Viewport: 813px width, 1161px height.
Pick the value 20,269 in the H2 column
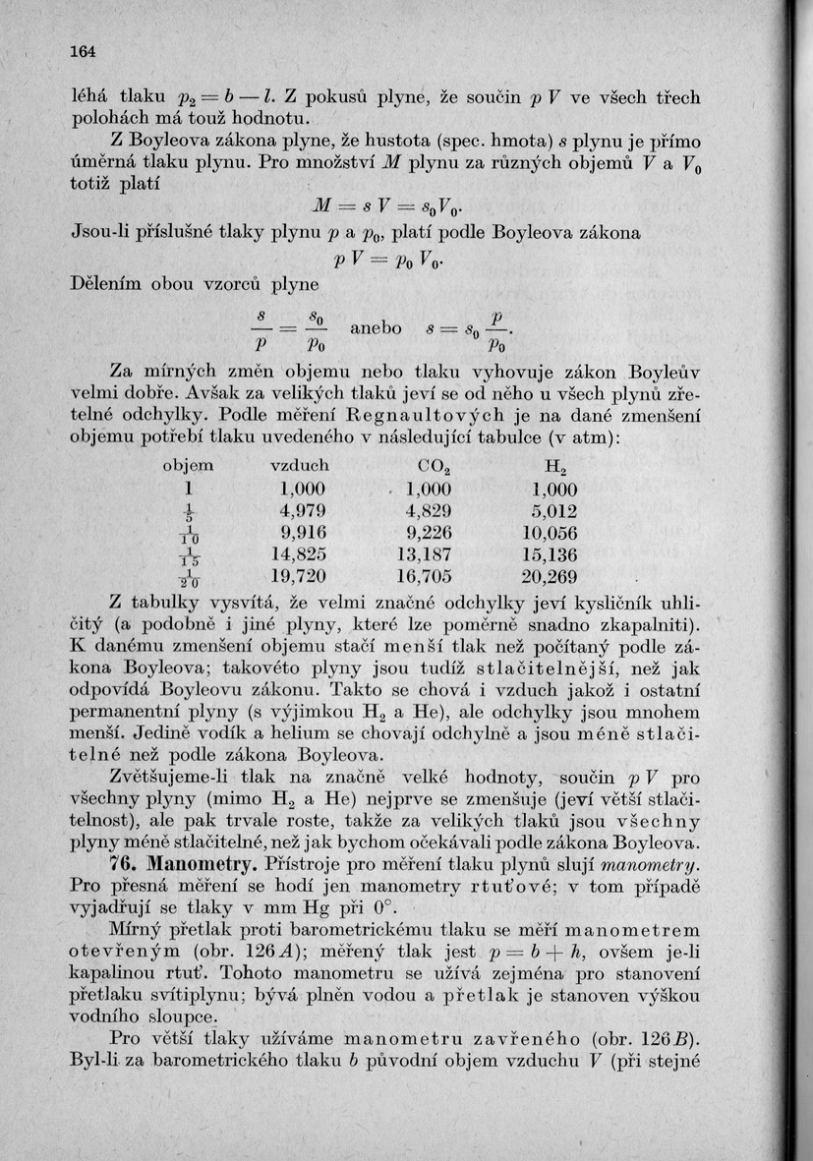pos(550,575)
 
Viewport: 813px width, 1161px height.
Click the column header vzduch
pos(299,465)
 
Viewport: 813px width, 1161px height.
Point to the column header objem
pos(187,465)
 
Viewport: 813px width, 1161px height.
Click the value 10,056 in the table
pos(550,532)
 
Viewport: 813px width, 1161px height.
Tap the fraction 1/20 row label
pos(187,576)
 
